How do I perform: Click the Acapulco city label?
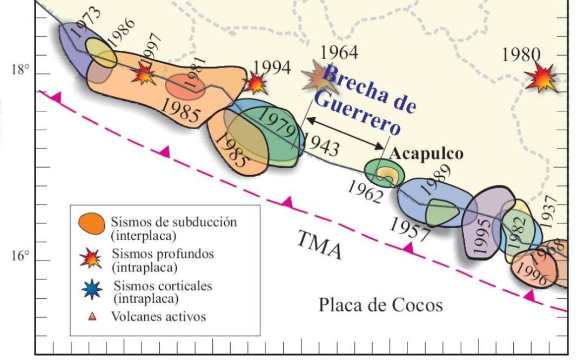tap(426, 154)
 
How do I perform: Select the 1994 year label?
tap(272, 67)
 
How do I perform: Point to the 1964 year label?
tap(339, 52)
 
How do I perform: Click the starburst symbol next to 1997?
tap(144, 74)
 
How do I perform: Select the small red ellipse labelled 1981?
tap(185, 85)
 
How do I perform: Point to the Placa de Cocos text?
tap(380, 305)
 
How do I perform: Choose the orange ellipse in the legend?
tap(91, 224)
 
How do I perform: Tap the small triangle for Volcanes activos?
tap(92, 317)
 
